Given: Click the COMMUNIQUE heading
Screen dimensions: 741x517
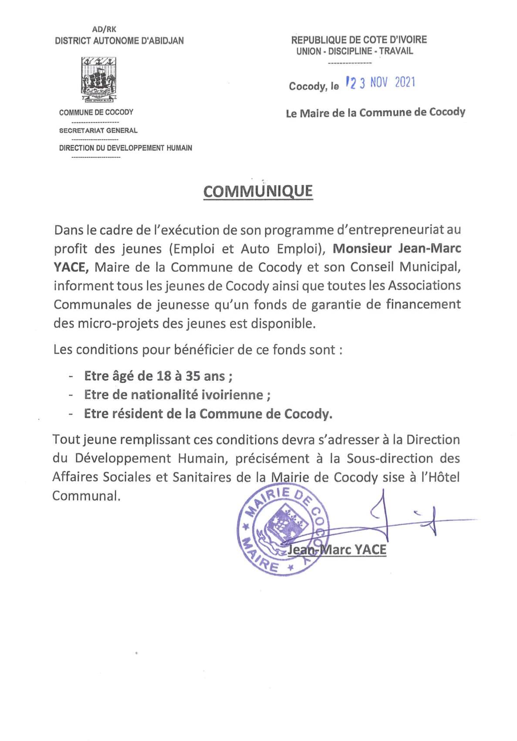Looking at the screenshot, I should click(258, 191).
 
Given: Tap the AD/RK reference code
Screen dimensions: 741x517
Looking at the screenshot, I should click(104, 30).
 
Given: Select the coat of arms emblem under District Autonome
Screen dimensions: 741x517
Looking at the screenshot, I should click(98, 79).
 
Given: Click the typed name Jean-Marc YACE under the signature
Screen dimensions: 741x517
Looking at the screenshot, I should click(337, 549).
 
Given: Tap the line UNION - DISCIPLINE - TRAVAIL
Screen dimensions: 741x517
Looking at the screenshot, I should click(355, 51).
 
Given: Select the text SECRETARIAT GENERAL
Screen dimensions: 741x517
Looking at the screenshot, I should click(98, 130).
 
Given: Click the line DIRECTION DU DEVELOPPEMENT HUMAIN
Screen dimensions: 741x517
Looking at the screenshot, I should click(125, 148).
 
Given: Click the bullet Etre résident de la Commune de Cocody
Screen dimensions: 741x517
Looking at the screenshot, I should click(208, 413).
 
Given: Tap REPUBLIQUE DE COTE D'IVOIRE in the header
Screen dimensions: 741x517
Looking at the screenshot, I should click(359, 40).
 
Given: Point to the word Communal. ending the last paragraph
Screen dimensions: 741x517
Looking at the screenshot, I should click(86, 496).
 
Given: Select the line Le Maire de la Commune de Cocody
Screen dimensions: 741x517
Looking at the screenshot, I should click(375, 113).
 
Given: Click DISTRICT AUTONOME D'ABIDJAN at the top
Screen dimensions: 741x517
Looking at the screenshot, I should click(119, 41).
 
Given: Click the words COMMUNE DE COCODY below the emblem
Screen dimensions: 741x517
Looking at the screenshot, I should click(96, 112).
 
